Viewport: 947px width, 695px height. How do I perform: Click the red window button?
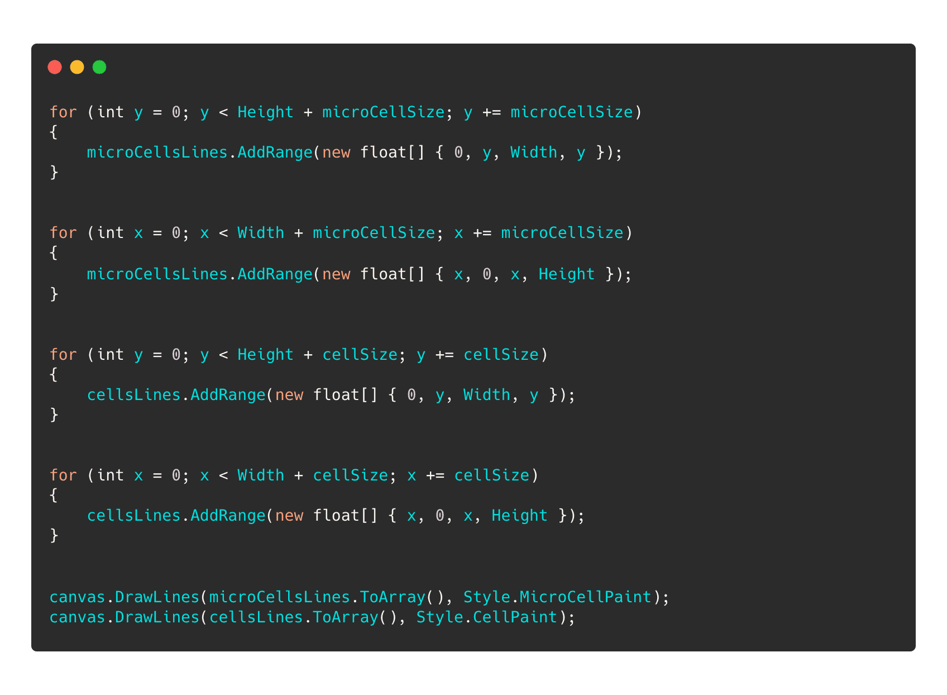pyautogui.click(x=55, y=67)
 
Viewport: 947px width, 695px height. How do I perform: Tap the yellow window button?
pyautogui.click(x=77, y=67)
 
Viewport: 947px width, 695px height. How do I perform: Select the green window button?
pyautogui.click(x=99, y=67)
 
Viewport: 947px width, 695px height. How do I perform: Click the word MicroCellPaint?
pyautogui.click(x=586, y=597)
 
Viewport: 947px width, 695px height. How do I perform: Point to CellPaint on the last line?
pyautogui.click(x=515, y=617)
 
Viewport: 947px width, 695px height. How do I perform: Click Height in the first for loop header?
pyautogui.click(x=265, y=112)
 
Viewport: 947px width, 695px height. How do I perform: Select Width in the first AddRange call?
pyautogui.click(x=534, y=152)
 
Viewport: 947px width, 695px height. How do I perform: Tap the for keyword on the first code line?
pyautogui.click(x=63, y=112)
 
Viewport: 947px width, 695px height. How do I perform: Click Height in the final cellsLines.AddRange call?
pyautogui.click(x=519, y=515)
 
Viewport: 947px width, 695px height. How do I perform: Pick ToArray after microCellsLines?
pyautogui.click(x=393, y=597)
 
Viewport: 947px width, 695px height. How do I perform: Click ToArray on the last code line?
pyautogui.click(x=346, y=617)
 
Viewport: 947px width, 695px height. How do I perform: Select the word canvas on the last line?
pyautogui.click(x=78, y=617)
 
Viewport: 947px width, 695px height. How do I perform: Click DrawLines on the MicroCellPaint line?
pyautogui.click(x=157, y=597)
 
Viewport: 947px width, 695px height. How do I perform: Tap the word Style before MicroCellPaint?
pyautogui.click(x=486, y=597)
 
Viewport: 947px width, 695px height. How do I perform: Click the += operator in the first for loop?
pyautogui.click(x=491, y=112)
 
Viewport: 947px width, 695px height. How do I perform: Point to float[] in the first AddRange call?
pyautogui.click(x=393, y=152)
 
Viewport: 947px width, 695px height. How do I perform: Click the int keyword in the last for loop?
pyautogui.click(x=110, y=475)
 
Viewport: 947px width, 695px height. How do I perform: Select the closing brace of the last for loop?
pyautogui.click(x=54, y=535)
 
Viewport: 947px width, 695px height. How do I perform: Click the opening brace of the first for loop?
pyautogui.click(x=54, y=132)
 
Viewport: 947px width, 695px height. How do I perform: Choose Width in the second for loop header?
pyautogui.click(x=261, y=232)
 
